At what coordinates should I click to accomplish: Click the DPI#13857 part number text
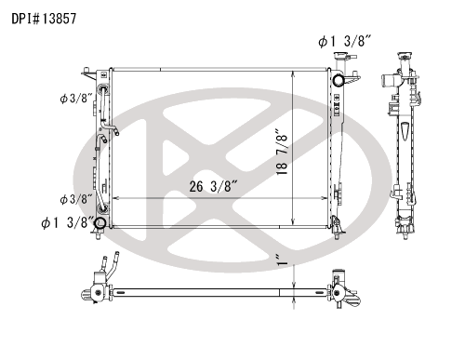pyautogui.click(x=44, y=19)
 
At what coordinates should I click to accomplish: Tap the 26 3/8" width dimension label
pyautogui.click(x=213, y=187)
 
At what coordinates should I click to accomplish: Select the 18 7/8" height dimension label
pyautogui.click(x=282, y=153)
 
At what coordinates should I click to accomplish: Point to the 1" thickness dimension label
pyautogui.click(x=283, y=260)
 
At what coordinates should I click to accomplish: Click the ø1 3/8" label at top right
pyautogui.click(x=345, y=41)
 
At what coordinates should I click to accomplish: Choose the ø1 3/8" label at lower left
pyautogui.click(x=67, y=222)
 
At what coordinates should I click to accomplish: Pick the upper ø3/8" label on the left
pyautogui.click(x=76, y=99)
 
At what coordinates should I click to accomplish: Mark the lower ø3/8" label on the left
pyautogui.click(x=76, y=199)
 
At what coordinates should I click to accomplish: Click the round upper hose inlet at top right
pyautogui.click(x=339, y=80)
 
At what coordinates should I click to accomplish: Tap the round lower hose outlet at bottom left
pyautogui.click(x=100, y=223)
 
